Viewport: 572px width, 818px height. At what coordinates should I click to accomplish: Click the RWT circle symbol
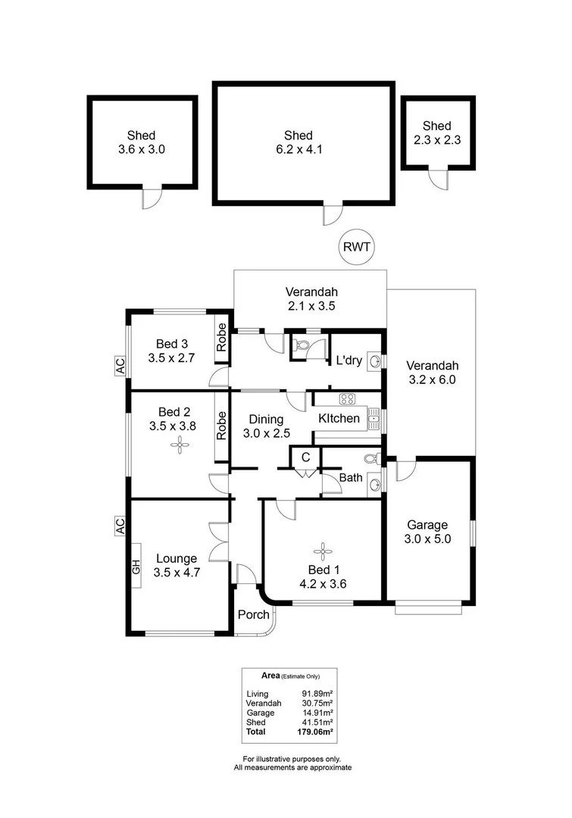[x=355, y=247]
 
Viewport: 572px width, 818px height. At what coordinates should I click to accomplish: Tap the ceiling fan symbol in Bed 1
[x=324, y=551]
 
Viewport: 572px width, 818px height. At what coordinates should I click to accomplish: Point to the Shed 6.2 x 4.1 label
[x=303, y=142]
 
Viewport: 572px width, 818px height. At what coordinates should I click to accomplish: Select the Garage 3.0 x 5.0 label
[x=427, y=532]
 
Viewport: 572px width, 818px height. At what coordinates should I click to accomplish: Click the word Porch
[x=253, y=614]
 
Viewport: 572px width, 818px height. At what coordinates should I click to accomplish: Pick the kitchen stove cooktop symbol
[x=347, y=400]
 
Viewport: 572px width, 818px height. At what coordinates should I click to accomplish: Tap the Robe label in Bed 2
[x=222, y=426]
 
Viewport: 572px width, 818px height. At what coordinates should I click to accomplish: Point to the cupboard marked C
[x=305, y=457]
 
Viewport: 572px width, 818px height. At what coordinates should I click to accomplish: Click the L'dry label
[x=349, y=361]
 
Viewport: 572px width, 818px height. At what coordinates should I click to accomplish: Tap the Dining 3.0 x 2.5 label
[x=263, y=426]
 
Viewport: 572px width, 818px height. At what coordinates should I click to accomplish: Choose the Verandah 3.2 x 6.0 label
[x=430, y=372]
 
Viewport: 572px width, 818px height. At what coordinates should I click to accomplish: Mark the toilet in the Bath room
[x=370, y=459]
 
